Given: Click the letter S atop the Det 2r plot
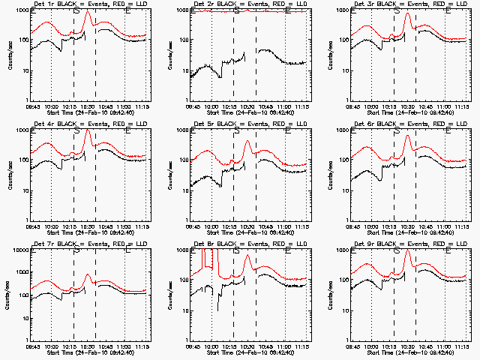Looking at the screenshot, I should click(236, 11).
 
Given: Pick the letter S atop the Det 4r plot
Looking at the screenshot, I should click(76, 131).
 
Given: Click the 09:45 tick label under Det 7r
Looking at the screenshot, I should click(32, 346).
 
